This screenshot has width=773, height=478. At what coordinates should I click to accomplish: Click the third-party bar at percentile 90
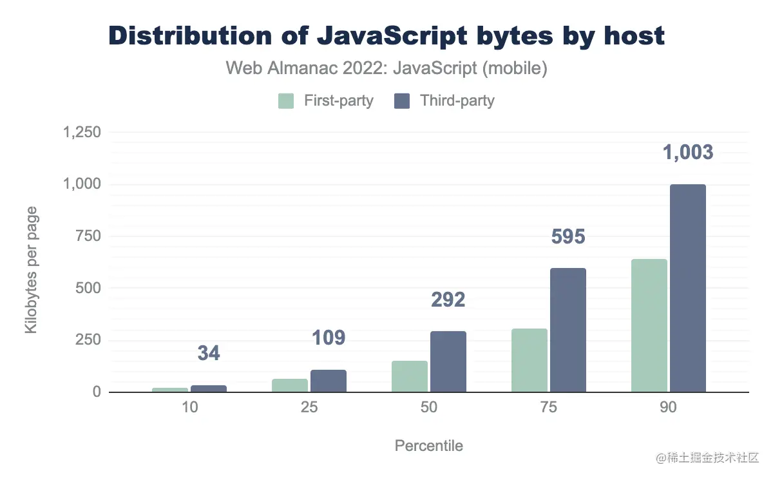point(688,288)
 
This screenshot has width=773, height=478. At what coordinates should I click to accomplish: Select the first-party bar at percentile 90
point(649,325)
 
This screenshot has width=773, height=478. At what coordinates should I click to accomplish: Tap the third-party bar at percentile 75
point(568,330)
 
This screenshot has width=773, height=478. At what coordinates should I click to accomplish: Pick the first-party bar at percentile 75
point(530,360)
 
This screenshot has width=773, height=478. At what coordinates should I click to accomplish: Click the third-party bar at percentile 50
point(448,361)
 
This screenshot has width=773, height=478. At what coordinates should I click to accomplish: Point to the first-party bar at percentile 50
point(410,376)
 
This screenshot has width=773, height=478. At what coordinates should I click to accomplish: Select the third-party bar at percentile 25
point(329,381)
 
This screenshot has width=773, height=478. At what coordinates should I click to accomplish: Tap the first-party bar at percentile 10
point(170,390)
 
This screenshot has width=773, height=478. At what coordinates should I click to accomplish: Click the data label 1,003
point(688,153)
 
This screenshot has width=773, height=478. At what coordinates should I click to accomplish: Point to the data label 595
point(568,237)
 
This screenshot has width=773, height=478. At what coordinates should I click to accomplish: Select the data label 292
point(448,300)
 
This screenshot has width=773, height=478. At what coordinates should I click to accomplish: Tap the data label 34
point(209,353)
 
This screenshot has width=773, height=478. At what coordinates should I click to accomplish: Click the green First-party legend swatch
point(286,101)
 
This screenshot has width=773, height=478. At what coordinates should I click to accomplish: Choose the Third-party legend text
point(457,101)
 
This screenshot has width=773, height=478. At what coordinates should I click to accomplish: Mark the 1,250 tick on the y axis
point(82,133)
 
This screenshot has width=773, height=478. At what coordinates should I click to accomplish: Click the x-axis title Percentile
point(428,446)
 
